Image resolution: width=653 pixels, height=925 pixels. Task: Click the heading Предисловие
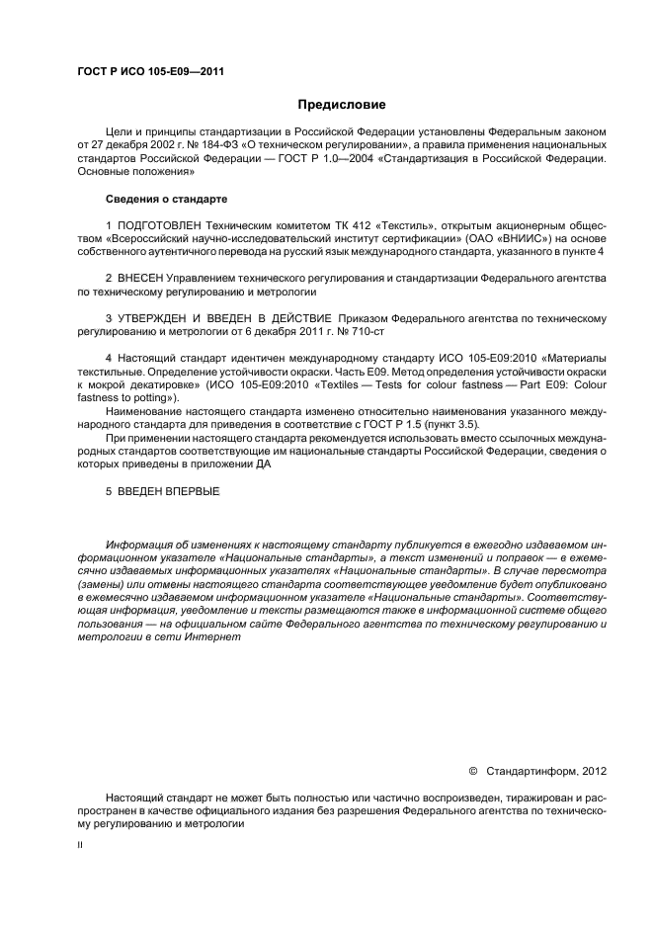point(342,105)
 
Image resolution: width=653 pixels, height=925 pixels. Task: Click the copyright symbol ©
point(472,770)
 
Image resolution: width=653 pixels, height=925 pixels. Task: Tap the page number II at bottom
point(80,846)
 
